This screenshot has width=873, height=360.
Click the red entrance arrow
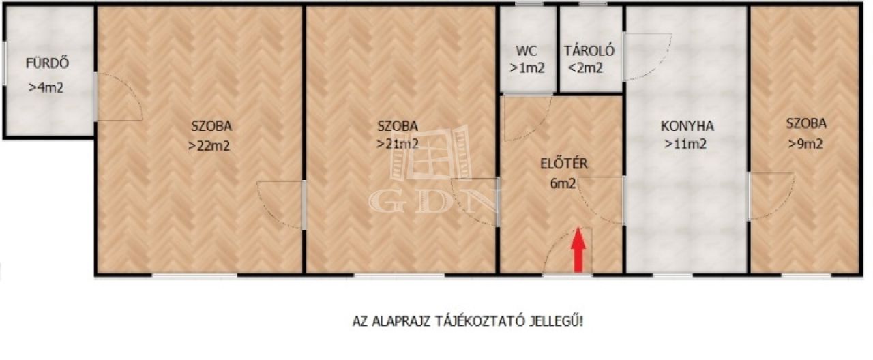click(578, 250)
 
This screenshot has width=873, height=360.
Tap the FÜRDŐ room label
click(48, 63)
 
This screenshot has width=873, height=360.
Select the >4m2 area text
click(46, 88)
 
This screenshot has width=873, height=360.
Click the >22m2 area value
click(209, 146)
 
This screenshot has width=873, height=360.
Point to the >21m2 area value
click(398, 144)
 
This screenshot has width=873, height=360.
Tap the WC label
click(527, 50)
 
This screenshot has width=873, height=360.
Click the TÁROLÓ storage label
click(589, 50)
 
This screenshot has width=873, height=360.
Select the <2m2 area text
click(586, 68)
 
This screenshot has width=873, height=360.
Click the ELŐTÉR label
click(564, 164)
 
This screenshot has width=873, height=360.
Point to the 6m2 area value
click(563, 183)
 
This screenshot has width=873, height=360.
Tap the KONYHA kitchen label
click(687, 126)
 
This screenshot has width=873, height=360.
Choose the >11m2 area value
click(685, 144)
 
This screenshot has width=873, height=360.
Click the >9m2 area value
click(805, 144)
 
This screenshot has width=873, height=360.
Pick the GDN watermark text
click(434, 201)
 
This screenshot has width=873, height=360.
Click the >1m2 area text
click(527, 69)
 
